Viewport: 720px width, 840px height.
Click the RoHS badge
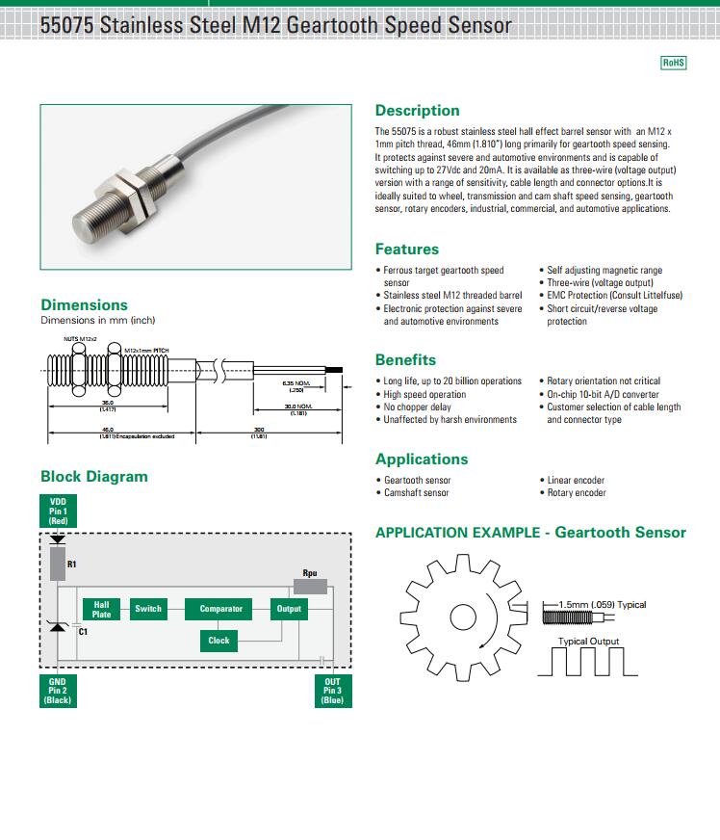pyautogui.click(x=673, y=63)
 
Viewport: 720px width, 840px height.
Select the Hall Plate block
pyautogui.click(x=101, y=609)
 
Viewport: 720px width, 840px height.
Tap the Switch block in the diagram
pyautogui.click(x=148, y=609)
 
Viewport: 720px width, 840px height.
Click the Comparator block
pyautogui.click(x=221, y=609)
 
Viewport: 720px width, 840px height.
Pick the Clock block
pyautogui.click(x=219, y=641)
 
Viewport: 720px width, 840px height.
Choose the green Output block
pyautogui.click(x=289, y=609)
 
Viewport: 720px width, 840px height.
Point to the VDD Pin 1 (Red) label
pyautogui.click(x=58, y=511)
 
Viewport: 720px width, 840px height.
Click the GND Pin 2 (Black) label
pyautogui.click(x=58, y=691)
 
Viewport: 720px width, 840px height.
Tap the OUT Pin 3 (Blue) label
pyautogui.click(x=331, y=691)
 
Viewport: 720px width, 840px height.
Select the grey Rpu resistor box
pyautogui.click(x=309, y=585)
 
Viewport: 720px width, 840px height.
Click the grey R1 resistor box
pyautogui.click(x=58, y=564)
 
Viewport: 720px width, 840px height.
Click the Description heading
pyautogui.click(x=417, y=110)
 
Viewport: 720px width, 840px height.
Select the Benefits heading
pyautogui.click(x=405, y=360)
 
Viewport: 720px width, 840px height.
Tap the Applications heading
pyautogui.click(x=422, y=459)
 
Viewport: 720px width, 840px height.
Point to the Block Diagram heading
pyautogui.click(x=94, y=476)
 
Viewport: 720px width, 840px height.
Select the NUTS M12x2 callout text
pyautogui.click(x=81, y=340)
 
